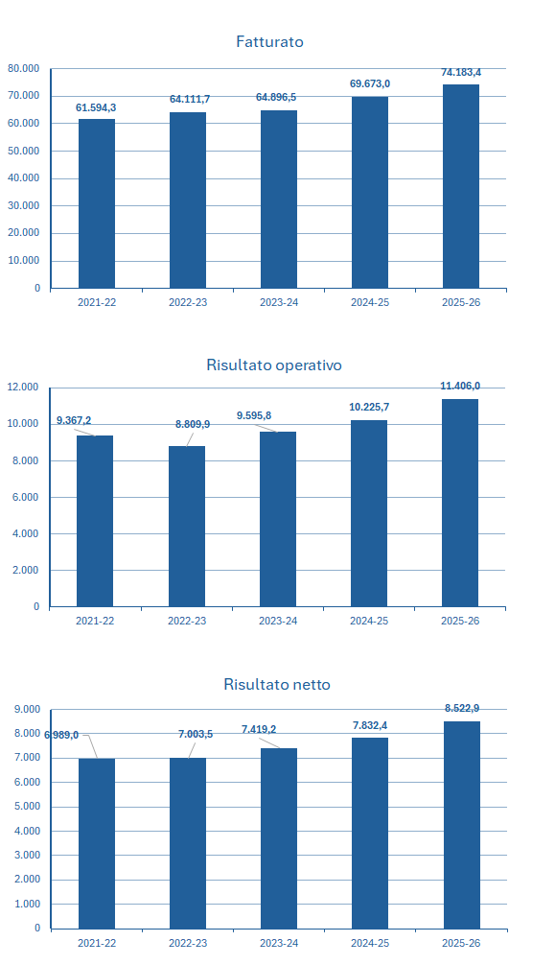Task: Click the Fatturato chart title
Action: pyautogui.click(x=269, y=42)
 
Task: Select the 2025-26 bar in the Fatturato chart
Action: pyautogui.click(x=461, y=186)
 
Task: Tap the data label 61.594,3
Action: pyautogui.click(x=96, y=107)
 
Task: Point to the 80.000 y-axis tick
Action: pyautogui.click(x=23, y=68)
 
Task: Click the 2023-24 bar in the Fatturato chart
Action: pyautogui.click(x=279, y=200)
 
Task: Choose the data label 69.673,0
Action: pyautogui.click(x=370, y=83)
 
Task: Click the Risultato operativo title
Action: pyautogui.click(x=274, y=365)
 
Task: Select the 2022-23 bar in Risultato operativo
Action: pyautogui.click(x=187, y=527)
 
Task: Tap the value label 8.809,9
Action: pyautogui.click(x=193, y=424)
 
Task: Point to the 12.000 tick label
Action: pyautogui.click(x=23, y=388)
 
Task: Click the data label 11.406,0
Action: pyautogui.click(x=460, y=386)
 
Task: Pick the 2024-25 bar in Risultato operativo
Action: pyautogui.click(x=369, y=514)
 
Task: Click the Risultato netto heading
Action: pyautogui.click(x=277, y=684)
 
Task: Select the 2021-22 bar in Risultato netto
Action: pyautogui.click(x=97, y=844)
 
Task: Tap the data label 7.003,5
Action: pyautogui.click(x=196, y=734)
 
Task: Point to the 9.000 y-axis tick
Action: pyautogui.click(x=27, y=709)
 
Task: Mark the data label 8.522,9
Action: pyautogui.click(x=462, y=708)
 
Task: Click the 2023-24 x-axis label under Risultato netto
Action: pyautogui.click(x=279, y=943)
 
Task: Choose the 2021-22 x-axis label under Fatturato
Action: pyautogui.click(x=97, y=302)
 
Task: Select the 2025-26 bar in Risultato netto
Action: pyautogui.click(x=462, y=825)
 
